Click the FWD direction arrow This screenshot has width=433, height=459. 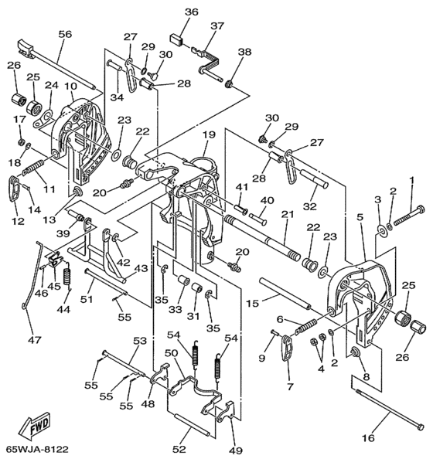pos(35,426)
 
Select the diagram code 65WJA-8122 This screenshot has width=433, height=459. pos(37,449)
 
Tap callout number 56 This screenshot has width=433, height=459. pos(65,34)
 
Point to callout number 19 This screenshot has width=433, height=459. pos(210,134)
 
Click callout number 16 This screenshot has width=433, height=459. pos(368,438)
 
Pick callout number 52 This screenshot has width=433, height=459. pos(179,449)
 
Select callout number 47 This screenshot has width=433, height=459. pos(35,340)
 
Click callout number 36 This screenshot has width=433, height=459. pos(192,12)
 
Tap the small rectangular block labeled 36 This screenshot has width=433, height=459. pos(176,39)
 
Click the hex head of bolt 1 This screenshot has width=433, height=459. pos(421,209)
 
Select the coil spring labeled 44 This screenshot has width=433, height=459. pos(68,277)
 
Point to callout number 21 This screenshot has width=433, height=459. pos(288,214)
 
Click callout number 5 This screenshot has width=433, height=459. pos(360,217)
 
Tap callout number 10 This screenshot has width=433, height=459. pos(70,86)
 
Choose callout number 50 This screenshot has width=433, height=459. pos(172,353)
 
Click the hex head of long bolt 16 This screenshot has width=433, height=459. pos(421,427)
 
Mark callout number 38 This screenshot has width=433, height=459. pos(244,52)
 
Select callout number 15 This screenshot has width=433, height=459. pos(252,304)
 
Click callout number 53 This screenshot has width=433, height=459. pos(140,341)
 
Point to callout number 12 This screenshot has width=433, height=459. pos(18,221)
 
